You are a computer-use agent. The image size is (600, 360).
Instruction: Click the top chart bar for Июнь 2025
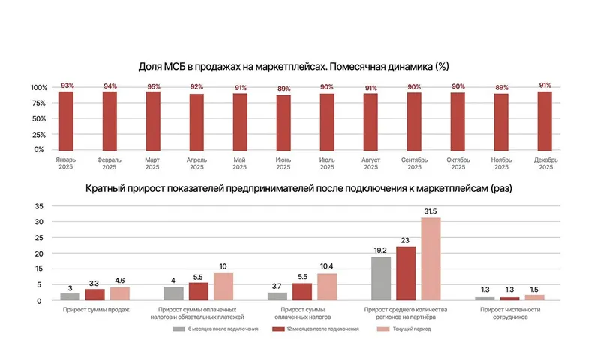(x=283, y=122)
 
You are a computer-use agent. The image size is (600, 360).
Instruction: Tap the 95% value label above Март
(x=154, y=86)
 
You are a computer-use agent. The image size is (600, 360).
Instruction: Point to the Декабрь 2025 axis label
(x=544, y=163)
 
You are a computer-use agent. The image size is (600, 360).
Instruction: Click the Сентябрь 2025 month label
(x=414, y=163)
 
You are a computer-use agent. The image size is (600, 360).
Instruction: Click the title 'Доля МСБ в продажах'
(x=294, y=66)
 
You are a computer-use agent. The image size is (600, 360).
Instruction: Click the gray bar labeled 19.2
(x=381, y=278)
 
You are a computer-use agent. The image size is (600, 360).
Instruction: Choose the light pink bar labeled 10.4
(x=327, y=286)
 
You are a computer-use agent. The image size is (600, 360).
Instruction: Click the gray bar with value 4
(x=173, y=293)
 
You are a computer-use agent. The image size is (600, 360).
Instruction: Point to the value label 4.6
(x=119, y=280)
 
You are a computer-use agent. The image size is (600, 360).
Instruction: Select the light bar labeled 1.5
(x=534, y=297)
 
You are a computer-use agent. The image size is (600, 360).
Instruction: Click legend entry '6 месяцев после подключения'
(x=217, y=328)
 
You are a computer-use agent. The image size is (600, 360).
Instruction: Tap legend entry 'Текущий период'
(x=408, y=328)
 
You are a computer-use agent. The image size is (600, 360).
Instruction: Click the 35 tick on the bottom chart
(x=40, y=206)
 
